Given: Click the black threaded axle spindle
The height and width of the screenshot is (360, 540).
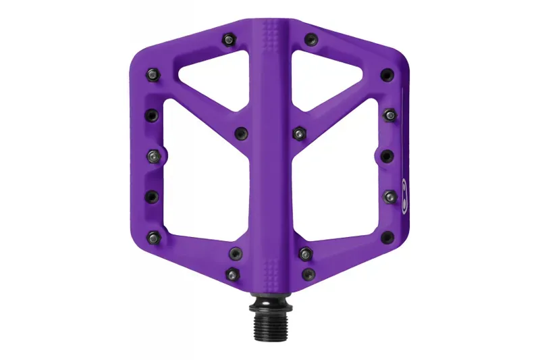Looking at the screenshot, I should (x=271, y=322).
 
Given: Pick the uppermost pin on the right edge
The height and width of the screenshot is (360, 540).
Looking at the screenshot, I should (x=386, y=74).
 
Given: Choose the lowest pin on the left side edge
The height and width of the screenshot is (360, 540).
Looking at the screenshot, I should (x=154, y=236).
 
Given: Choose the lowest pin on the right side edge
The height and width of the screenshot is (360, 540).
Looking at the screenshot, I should (x=387, y=236).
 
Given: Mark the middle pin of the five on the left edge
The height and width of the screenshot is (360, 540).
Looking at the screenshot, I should (x=154, y=155).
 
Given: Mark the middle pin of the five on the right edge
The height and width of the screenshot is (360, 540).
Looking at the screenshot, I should (x=387, y=155).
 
